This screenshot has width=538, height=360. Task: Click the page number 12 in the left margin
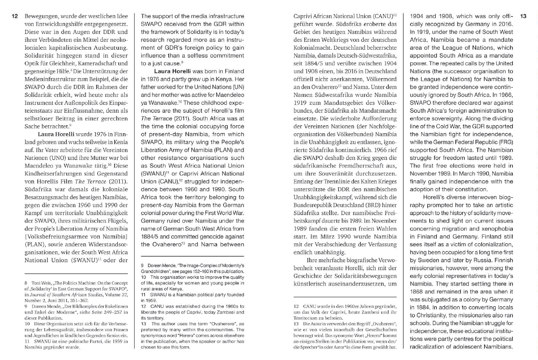pyautogui.click(x=15, y=17)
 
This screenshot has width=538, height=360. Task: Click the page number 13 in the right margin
pyautogui.click(x=523, y=17)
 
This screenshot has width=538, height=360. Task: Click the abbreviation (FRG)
pyautogui.click(x=505, y=142)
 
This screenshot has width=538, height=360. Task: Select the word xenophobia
pyautogui.click(x=497, y=229)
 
